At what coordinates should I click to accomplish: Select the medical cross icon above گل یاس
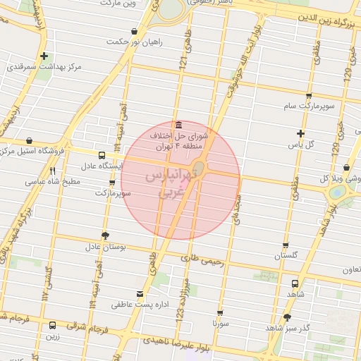301,133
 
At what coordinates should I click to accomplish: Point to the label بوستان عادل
105,247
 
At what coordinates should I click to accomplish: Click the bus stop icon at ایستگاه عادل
102,155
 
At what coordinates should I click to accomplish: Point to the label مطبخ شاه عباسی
54,181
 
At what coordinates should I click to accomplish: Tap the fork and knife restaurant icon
53,170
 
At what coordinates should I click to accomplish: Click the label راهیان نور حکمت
135,42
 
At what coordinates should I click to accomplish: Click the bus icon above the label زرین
53,325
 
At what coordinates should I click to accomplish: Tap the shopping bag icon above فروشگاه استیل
29,141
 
